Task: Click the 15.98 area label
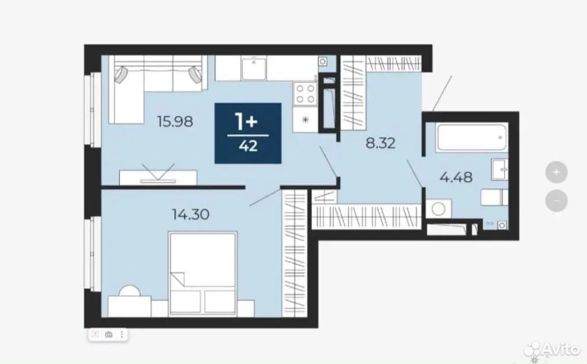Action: pos(175,122)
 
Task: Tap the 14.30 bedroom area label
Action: pos(190,215)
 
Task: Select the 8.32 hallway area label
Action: pos(380,143)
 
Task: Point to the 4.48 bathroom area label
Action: pos(456,177)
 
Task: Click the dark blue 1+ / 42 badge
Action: pos(248,133)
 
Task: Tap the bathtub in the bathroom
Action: pos(471,138)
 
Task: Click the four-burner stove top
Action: pos(305,94)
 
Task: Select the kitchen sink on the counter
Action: pos(254,68)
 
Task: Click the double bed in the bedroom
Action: pos(203,274)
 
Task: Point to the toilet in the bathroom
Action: pos(494,197)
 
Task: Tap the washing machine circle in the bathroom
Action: pos(438,209)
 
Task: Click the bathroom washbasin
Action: pos(499,170)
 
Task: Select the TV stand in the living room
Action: pos(158,177)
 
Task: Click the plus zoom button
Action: pos(556,172)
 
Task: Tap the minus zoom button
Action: pos(556,200)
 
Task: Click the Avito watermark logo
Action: pos(552,349)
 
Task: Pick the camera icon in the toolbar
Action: pos(108,334)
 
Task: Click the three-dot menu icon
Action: pos(121,334)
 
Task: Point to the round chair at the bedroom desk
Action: pos(130,291)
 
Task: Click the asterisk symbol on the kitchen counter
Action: pos(305,120)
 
